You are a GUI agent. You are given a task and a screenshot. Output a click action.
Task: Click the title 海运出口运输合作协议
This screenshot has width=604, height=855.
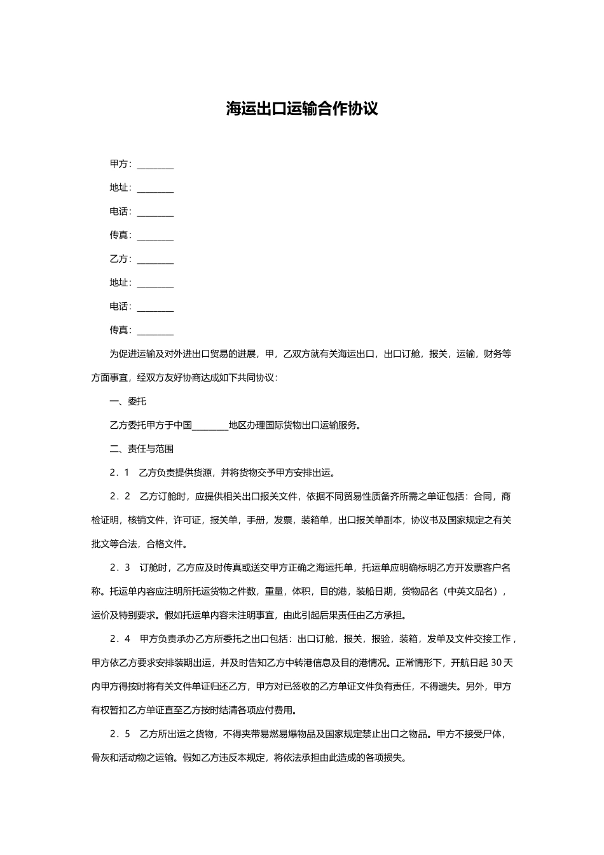tap(302, 109)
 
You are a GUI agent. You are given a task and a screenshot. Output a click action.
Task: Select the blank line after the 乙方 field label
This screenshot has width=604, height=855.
tap(155, 260)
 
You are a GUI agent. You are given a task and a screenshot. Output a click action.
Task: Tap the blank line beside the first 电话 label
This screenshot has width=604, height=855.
tap(155, 212)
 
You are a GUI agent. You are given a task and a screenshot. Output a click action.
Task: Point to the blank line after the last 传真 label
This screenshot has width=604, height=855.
tap(155, 331)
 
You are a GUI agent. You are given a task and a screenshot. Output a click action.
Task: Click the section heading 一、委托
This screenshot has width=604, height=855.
tap(128, 401)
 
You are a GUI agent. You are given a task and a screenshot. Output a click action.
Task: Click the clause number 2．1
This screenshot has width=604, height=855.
tap(120, 473)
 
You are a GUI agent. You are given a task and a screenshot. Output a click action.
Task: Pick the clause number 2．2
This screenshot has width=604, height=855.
tap(120, 496)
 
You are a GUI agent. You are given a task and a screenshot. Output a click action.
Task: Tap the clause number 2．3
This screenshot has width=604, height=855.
tap(120, 567)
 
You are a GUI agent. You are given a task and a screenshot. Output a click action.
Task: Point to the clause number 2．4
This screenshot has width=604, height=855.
tap(120, 639)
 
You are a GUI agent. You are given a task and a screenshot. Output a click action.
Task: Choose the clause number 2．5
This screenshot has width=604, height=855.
tap(120, 734)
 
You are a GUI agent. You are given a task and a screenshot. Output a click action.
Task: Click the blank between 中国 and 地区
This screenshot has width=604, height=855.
tap(210, 426)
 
